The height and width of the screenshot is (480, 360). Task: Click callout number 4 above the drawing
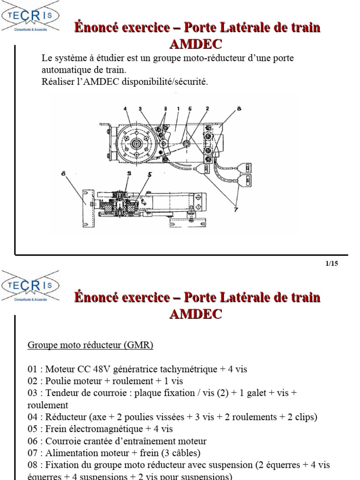tap(126, 109)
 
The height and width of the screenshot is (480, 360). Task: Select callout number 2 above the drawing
tap(207, 109)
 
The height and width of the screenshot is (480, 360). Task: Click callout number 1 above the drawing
tap(179, 109)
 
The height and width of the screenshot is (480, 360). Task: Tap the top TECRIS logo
tap(31, 17)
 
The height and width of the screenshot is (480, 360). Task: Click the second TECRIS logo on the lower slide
tap(31, 285)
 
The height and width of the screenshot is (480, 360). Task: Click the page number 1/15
tap(331, 263)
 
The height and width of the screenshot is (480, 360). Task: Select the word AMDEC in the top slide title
tap(195, 45)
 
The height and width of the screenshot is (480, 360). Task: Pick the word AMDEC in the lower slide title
tap(195, 315)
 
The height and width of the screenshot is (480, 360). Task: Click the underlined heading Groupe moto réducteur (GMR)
tap(90, 345)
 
